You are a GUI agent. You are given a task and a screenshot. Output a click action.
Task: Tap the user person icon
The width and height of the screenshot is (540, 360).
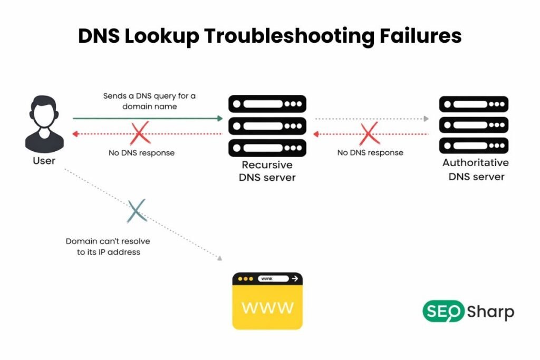pos(44,124)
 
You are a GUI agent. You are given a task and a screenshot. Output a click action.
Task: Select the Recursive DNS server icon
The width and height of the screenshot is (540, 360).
pos(267,125)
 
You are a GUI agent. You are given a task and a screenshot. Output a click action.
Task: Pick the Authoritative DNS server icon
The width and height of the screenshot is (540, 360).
pos(474,125)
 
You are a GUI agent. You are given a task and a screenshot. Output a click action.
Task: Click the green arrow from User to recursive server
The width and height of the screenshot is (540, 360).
pos(148,119)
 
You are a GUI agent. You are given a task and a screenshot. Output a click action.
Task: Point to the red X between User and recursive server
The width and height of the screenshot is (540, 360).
pos(140,134)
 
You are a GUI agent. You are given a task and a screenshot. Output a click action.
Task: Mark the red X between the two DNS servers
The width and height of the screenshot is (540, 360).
pos(369,134)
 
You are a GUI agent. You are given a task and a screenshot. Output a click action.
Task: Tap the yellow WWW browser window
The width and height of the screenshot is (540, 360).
pos(267,300)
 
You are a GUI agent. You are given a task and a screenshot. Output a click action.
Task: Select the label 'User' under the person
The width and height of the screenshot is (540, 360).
pos(44,160)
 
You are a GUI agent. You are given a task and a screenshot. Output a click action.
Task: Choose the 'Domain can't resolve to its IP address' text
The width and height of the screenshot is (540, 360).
pos(108,246)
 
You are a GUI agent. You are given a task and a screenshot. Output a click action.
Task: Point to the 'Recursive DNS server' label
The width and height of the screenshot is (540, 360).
pos(267,171)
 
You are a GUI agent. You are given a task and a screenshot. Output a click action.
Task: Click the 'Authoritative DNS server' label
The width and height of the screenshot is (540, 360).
pos(476,169)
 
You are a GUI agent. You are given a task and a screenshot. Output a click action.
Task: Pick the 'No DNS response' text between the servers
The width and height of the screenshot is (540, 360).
pos(370,153)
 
